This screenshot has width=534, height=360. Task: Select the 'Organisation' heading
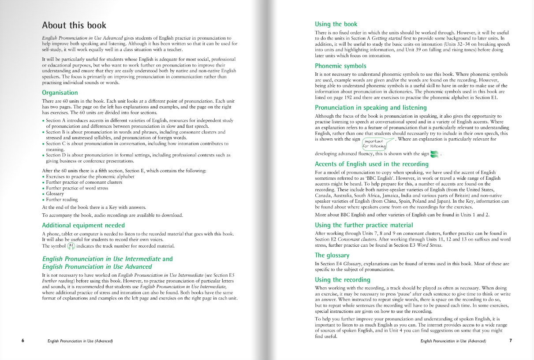60,93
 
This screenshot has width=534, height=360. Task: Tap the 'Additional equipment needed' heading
83,225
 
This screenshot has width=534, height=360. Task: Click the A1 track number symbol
71,246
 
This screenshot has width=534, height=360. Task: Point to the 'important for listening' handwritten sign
374,143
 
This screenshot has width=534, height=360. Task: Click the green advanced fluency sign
435,154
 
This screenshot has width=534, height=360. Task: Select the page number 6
22,341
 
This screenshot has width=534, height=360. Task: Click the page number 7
510,341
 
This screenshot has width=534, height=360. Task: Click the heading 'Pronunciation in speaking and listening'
371,108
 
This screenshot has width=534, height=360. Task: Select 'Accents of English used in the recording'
371,164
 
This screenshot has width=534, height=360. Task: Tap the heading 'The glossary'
332,255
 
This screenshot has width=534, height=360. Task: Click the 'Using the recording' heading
343,280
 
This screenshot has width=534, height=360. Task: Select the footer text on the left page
80,341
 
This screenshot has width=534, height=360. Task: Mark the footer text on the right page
453,341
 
